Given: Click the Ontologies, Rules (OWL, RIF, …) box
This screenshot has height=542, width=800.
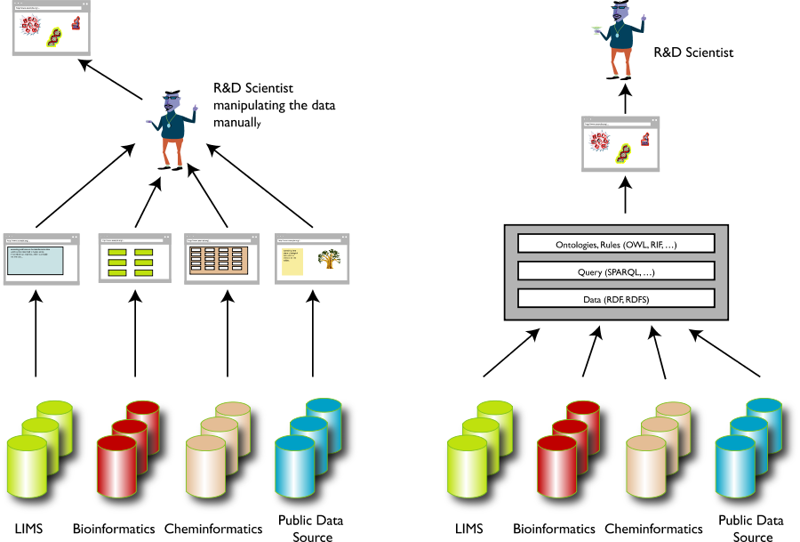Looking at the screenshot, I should [x=616, y=244].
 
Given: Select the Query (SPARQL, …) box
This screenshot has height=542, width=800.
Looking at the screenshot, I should [x=616, y=271].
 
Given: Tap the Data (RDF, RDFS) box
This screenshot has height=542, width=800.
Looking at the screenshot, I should [x=616, y=299].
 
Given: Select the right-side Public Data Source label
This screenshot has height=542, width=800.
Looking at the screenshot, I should [x=752, y=529].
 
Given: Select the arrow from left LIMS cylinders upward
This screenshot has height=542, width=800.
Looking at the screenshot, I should [x=36, y=334].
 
